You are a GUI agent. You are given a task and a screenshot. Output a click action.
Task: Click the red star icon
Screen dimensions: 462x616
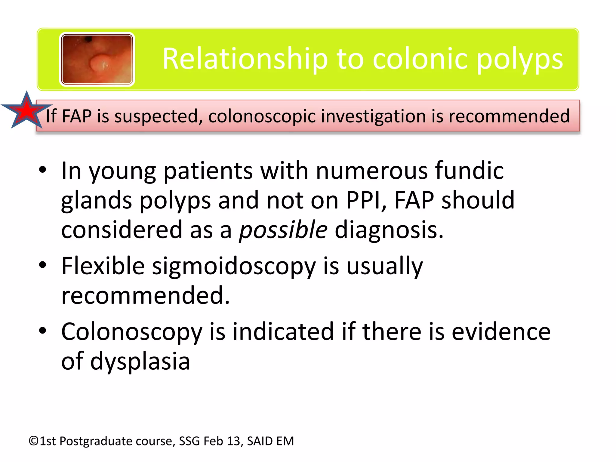tap(26, 111)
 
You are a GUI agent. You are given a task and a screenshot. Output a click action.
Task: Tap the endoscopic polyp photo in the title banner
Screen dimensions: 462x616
tap(97, 59)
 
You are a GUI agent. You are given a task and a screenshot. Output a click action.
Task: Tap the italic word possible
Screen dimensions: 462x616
tap(283, 230)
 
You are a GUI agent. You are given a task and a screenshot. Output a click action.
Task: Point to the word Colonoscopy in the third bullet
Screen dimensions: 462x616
tap(132, 332)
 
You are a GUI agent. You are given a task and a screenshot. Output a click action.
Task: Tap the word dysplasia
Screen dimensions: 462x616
tap(140, 361)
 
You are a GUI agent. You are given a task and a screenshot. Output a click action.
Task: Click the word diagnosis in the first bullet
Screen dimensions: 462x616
tap(389, 230)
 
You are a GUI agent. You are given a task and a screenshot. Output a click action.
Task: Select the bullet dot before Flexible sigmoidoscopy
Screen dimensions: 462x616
tap(43, 265)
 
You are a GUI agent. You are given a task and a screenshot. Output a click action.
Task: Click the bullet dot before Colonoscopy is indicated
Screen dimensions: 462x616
tap(43, 331)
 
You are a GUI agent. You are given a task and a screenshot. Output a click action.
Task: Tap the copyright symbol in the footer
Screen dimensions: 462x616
tap(34, 441)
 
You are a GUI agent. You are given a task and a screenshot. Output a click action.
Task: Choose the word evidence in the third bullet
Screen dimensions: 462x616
tap(501, 332)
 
